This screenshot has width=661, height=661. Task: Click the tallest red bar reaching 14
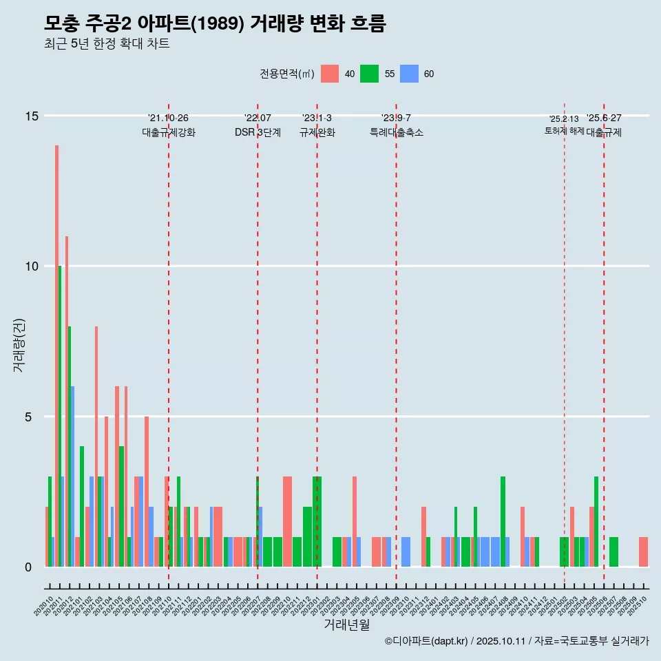[x=56, y=356]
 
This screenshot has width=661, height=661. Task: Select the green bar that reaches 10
[x=60, y=416]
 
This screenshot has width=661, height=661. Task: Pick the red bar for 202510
[x=643, y=552]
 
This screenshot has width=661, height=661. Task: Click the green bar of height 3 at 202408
[x=503, y=521]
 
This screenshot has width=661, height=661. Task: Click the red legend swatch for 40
[x=330, y=74]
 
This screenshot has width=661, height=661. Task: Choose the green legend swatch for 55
[x=370, y=74]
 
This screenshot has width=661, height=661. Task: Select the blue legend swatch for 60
[x=410, y=74]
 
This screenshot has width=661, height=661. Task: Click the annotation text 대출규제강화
[x=169, y=132]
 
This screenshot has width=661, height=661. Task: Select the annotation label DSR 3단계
[x=258, y=132]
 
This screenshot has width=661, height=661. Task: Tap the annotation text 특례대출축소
[x=396, y=132]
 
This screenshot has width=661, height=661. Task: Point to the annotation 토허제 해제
[x=564, y=131]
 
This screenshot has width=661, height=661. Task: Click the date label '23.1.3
[x=317, y=118]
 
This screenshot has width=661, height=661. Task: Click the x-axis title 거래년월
[x=346, y=625]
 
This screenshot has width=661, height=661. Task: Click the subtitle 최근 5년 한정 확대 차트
[x=107, y=44]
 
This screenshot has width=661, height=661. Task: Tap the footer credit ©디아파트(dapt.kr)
[x=426, y=641]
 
